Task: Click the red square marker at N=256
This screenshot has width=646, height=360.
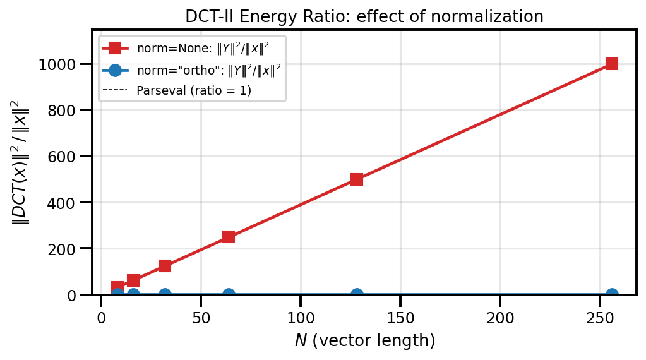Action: (x=611, y=64)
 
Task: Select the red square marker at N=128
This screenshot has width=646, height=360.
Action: (x=357, y=179)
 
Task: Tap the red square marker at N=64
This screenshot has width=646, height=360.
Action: (x=229, y=237)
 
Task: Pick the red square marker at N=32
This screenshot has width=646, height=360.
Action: (x=165, y=266)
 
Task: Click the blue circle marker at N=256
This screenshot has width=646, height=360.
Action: (x=611, y=294)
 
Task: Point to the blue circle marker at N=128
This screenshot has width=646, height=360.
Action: (x=357, y=294)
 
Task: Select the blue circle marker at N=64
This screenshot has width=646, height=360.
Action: (x=229, y=294)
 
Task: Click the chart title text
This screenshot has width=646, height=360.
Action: (x=364, y=16)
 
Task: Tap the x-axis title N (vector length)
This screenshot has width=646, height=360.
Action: (x=364, y=341)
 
